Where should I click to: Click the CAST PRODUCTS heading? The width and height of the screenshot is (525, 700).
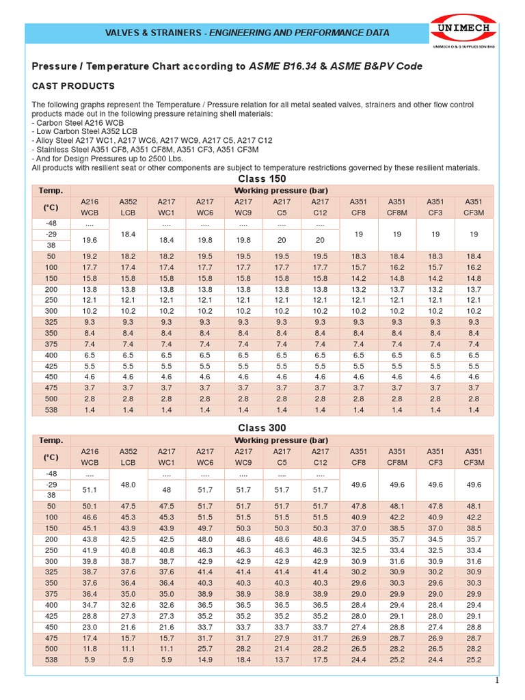(x=74, y=86)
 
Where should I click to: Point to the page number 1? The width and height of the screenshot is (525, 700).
(x=498, y=680)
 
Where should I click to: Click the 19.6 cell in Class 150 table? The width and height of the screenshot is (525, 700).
(x=90, y=240)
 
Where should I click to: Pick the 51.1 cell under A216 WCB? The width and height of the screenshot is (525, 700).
(x=90, y=489)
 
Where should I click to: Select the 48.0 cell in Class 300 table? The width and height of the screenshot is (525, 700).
(x=128, y=483)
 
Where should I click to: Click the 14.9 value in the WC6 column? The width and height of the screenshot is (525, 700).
(x=204, y=660)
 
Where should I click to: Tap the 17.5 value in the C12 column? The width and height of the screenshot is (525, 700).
(x=320, y=660)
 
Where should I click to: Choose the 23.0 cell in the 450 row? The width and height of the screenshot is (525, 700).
(x=90, y=627)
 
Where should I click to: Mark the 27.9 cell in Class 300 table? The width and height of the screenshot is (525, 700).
(x=282, y=638)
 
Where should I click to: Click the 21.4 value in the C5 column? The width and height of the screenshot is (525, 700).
(x=282, y=649)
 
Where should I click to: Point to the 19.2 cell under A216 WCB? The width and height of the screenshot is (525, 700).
(x=90, y=256)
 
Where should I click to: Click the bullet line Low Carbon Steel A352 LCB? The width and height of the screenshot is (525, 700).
(x=85, y=131)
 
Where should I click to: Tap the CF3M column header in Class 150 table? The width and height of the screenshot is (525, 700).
(x=473, y=213)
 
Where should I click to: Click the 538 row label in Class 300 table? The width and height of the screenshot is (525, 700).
(x=51, y=660)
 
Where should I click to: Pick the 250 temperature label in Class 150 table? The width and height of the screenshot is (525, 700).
(x=51, y=300)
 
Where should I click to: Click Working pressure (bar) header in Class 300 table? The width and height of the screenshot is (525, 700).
(x=281, y=440)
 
